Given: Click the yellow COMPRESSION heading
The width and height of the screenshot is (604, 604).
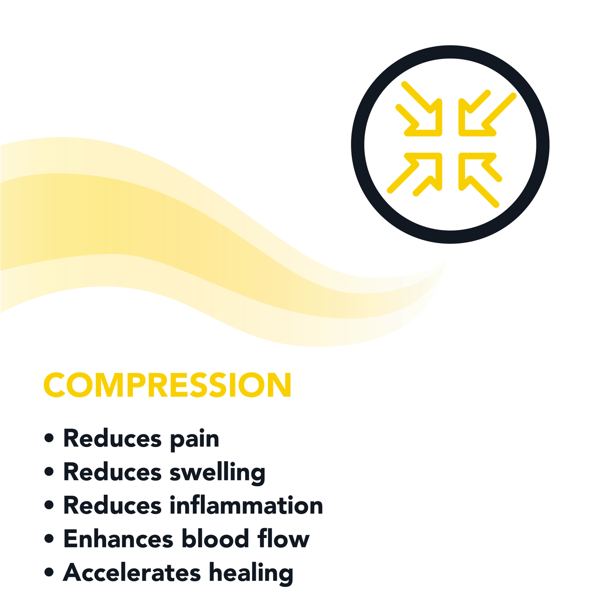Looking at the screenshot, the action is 168,385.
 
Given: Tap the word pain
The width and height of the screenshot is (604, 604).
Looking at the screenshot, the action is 194,440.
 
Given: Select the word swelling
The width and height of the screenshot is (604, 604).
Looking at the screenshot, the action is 217,473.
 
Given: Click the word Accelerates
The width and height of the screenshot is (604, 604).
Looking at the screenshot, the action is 132,572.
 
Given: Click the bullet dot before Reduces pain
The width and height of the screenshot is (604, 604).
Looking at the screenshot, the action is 49,438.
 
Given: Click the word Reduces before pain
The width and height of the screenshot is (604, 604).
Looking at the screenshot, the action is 112,438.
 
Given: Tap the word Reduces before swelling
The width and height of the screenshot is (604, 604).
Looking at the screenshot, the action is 112,472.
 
